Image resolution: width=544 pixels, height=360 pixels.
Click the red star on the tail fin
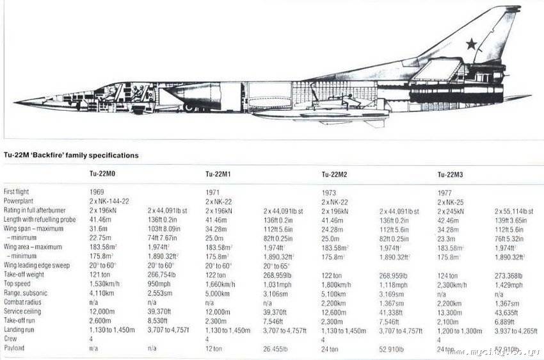point(472,44)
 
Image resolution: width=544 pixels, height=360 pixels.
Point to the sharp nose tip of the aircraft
point(15,102)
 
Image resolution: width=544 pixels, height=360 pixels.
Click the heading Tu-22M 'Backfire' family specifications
point(71,155)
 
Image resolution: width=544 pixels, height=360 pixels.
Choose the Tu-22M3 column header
point(451,174)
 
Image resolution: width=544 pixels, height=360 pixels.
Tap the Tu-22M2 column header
point(335,174)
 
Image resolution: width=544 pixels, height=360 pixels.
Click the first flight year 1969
point(97,192)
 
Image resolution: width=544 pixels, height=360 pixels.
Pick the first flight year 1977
point(445,192)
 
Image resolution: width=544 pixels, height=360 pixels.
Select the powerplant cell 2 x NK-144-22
point(109,200)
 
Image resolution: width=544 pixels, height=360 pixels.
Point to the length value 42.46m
point(449,219)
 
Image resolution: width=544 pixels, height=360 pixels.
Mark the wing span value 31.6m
point(99,228)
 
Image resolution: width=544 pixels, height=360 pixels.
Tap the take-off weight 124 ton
point(448,274)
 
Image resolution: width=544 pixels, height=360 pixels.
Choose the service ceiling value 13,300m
point(450,311)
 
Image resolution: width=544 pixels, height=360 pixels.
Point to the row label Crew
point(11,339)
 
